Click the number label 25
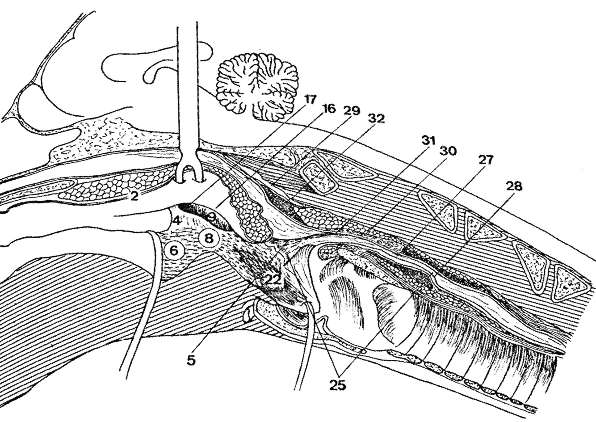[338, 384]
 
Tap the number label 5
[191, 360]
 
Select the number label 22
[273, 280]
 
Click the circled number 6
[174, 251]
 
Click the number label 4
[177, 220]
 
